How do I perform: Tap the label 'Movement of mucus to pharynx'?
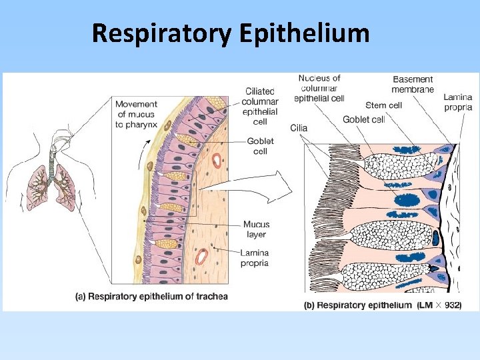click(137, 114)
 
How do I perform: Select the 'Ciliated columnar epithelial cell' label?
click(260, 107)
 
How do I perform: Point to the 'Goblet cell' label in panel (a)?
click(260, 146)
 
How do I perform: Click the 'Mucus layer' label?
click(256, 229)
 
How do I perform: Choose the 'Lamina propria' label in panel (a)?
click(255, 257)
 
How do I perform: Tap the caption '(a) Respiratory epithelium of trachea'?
click(151, 296)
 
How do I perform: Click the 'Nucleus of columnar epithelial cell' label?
click(319, 88)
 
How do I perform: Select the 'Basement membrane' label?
click(413, 85)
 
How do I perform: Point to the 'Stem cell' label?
click(383, 105)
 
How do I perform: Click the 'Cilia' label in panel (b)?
click(299, 127)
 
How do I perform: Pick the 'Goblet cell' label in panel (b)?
click(364, 119)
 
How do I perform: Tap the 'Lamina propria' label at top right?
click(458, 102)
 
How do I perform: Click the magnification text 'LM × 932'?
click(439, 305)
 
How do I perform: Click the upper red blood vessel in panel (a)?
click(217, 161)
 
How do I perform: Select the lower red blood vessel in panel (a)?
click(201, 256)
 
